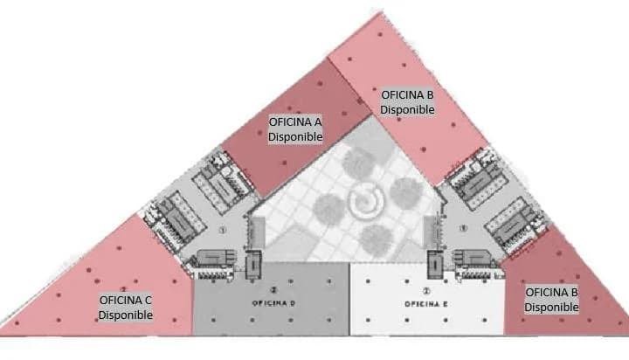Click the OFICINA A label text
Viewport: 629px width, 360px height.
click(x=295, y=121)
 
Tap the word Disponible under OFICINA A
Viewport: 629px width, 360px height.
click(x=295, y=136)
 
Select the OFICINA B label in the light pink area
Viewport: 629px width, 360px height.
click(x=407, y=94)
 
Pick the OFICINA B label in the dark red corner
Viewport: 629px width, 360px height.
click(x=551, y=292)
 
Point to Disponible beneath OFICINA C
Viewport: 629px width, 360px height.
click(x=126, y=315)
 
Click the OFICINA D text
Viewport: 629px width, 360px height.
click(x=274, y=303)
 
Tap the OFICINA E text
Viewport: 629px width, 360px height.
click(x=426, y=304)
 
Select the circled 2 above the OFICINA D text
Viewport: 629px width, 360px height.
click(x=274, y=290)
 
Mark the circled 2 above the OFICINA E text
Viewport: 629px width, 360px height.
click(x=426, y=291)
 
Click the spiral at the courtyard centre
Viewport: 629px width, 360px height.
click(x=366, y=200)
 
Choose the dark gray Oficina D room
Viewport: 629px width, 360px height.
click(x=271, y=299)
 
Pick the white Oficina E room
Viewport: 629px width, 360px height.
click(x=427, y=299)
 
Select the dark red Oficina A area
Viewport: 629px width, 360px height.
click(x=297, y=128)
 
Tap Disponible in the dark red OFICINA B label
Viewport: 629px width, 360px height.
click(x=551, y=307)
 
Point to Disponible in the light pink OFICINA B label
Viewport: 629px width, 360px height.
click(x=407, y=109)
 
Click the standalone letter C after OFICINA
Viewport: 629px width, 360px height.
click(x=149, y=300)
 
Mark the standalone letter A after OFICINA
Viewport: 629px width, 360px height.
click(x=318, y=121)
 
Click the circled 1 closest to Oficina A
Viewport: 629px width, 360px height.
click(x=223, y=231)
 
